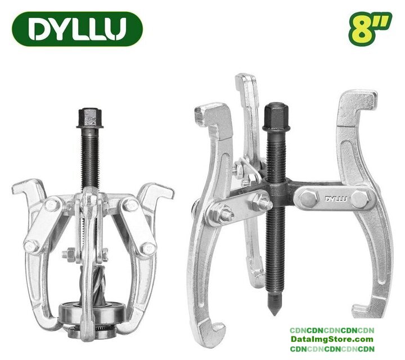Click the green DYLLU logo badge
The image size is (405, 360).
pos(77,29)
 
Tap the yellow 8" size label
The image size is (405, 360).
pos(370,29)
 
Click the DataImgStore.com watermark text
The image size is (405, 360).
pos(332,339)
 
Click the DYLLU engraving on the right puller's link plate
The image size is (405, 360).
pos(336,199)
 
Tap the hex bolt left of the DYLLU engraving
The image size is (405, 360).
pos(308,198)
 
